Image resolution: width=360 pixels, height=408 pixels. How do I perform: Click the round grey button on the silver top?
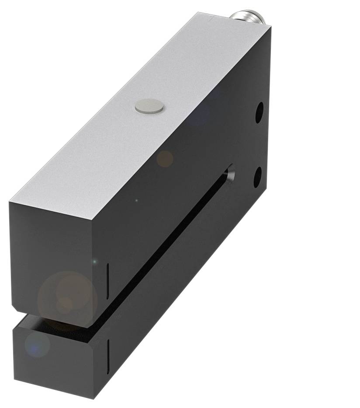pyautogui.click(x=149, y=106)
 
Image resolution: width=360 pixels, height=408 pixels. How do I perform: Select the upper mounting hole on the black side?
pyautogui.click(x=260, y=112)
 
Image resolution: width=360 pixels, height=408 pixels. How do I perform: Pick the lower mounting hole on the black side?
pyautogui.click(x=258, y=176)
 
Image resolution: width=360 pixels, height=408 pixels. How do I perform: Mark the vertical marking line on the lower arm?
pyautogui.click(x=108, y=352)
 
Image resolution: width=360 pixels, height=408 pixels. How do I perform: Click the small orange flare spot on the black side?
pyautogui.click(x=165, y=158)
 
